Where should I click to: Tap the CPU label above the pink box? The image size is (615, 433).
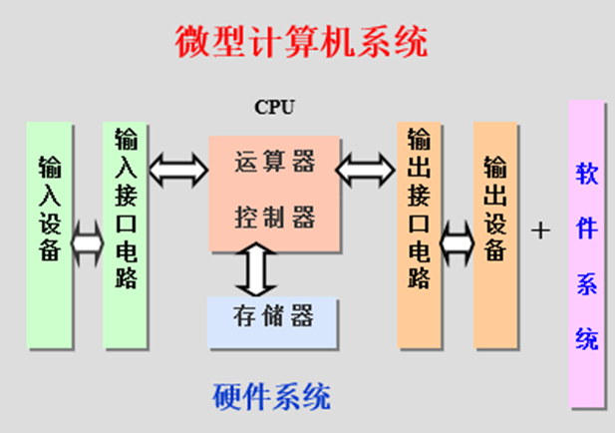[x=275, y=107]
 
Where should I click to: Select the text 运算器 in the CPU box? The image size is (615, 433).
[x=276, y=162]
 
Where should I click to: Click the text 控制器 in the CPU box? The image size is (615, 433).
[x=276, y=216]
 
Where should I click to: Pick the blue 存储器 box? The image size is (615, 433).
[x=274, y=318]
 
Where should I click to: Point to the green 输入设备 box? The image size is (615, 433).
[x=49, y=235]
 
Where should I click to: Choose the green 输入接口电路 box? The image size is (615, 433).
[x=126, y=235]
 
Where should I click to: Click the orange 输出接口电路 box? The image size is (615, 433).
[x=420, y=235]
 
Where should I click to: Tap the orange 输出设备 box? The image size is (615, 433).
[x=494, y=235]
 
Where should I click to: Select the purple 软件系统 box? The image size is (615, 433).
[x=587, y=255]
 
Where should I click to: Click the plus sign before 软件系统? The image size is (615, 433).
[x=540, y=230]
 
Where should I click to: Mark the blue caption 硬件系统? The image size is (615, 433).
[x=272, y=397]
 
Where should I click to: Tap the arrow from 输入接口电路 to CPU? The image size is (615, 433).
[x=177, y=171]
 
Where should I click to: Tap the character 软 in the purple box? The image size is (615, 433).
[x=587, y=174]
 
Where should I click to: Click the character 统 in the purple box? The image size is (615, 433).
[x=587, y=338]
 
